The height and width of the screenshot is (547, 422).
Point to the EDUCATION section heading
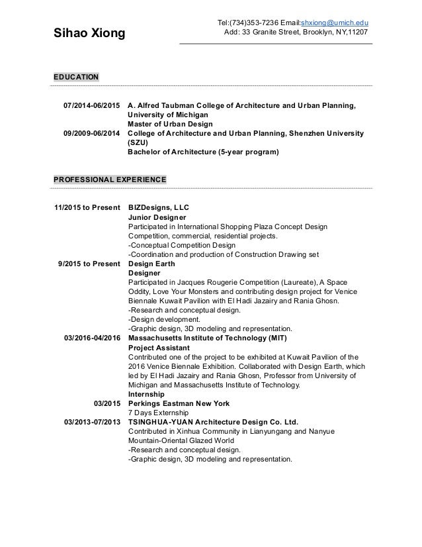coord(76,77)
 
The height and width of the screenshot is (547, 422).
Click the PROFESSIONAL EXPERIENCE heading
coord(110,179)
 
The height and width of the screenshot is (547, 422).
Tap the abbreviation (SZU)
coord(139,142)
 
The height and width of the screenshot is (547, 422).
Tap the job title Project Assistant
coord(159,348)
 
